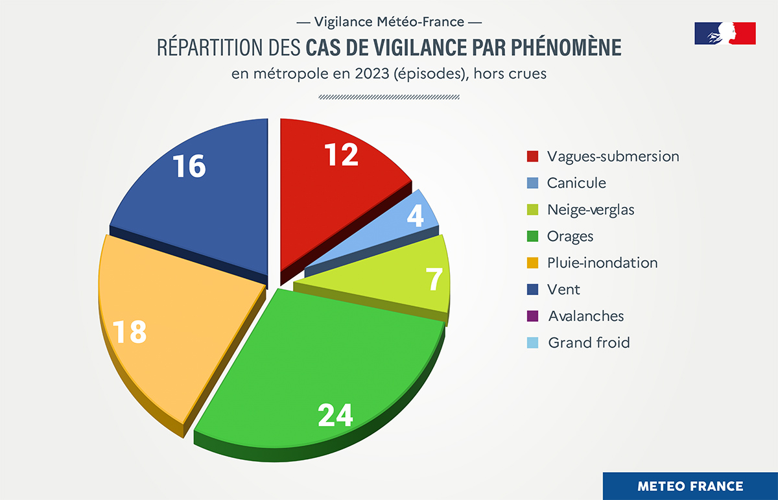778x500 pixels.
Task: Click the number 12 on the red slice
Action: [341, 154]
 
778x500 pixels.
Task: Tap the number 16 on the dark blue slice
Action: [189, 166]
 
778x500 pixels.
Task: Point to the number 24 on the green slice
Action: [335, 415]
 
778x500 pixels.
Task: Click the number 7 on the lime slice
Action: [434, 280]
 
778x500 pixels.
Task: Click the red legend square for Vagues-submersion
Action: [533, 156]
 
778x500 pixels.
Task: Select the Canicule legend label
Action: [576, 183]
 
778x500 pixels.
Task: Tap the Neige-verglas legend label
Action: [590, 209]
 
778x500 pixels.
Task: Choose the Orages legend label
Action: [570, 236]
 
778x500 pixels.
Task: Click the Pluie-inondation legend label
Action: [602, 263]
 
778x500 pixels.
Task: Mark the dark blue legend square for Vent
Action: [533, 289]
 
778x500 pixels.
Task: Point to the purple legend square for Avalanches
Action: [533, 316]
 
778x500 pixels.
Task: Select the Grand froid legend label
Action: [589, 342]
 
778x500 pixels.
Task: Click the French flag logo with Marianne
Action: [725, 33]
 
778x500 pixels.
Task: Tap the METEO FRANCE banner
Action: [690, 486]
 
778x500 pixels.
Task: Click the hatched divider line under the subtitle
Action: [389, 97]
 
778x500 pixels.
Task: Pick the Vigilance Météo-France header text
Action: [389, 21]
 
